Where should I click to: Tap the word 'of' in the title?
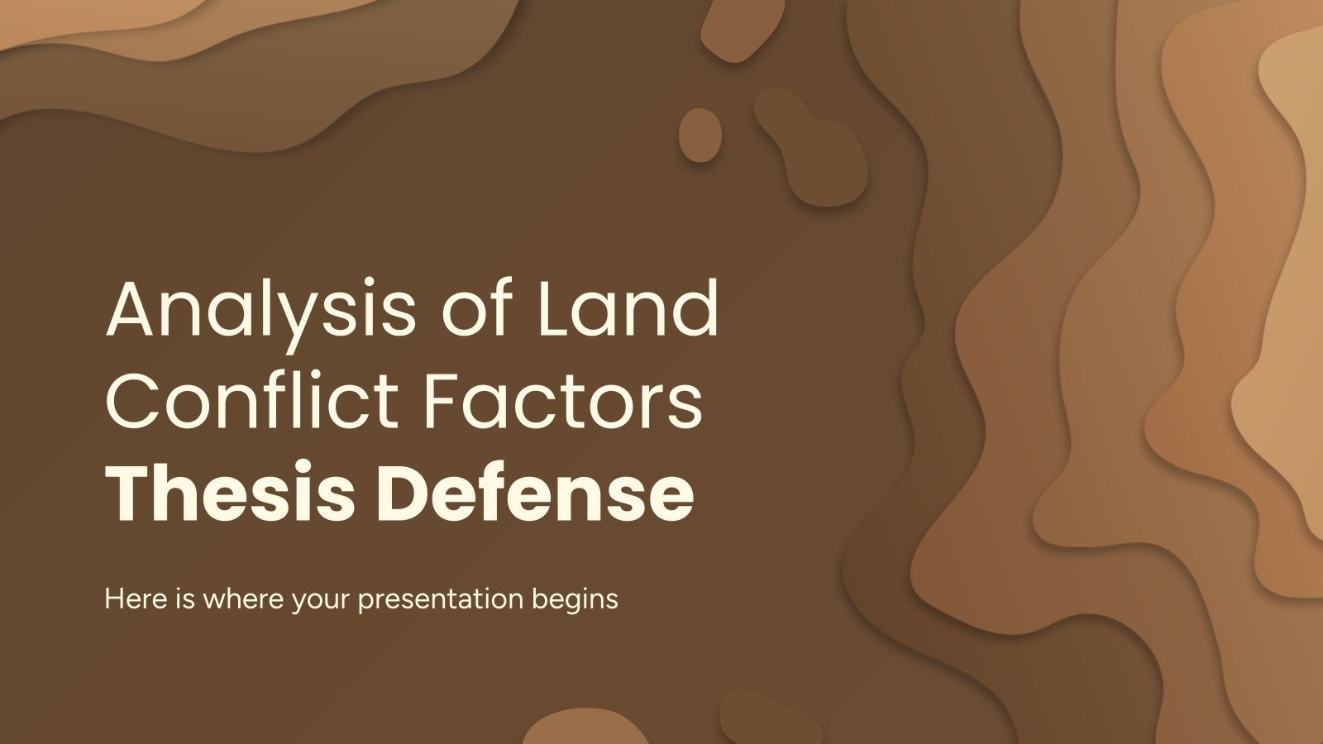click(475, 310)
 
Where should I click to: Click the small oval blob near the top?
click(700, 135)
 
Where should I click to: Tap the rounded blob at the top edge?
click(736, 29)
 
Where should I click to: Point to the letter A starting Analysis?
click(133, 310)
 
